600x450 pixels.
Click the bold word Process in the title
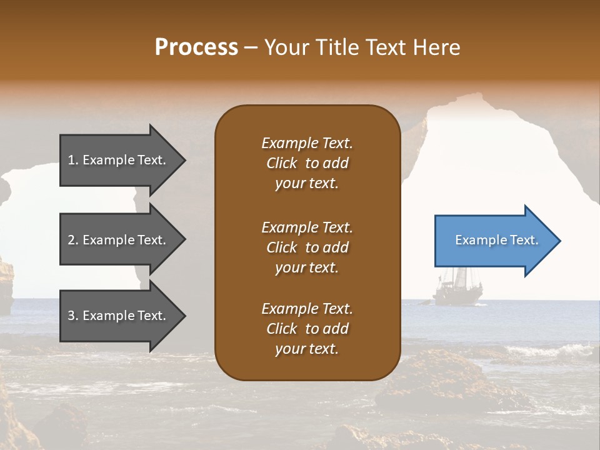tap(196, 47)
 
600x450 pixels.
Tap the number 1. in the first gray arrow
tap(73, 160)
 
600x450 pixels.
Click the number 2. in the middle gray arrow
tap(73, 240)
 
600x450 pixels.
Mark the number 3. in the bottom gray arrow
tap(73, 316)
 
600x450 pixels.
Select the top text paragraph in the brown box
tap(307, 163)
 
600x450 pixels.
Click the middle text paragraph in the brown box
tap(307, 247)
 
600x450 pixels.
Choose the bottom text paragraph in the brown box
tap(307, 329)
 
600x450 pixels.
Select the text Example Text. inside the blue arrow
tap(496, 240)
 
